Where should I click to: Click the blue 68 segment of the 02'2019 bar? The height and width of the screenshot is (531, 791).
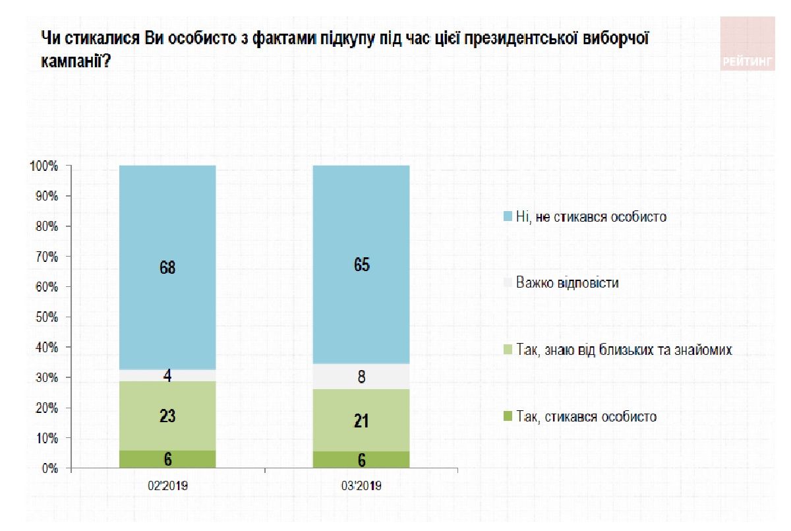[x=167, y=267]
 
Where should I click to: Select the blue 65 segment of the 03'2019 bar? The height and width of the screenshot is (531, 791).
[x=361, y=265]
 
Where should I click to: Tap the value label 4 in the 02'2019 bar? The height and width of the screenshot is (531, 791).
[x=167, y=376]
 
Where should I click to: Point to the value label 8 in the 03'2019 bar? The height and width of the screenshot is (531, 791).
[x=361, y=377]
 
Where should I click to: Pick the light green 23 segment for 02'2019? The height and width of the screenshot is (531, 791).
[x=167, y=416]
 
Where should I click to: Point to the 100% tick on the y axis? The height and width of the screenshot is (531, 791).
[x=44, y=166]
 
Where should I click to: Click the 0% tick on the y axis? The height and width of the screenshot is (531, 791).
[x=49, y=469]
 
